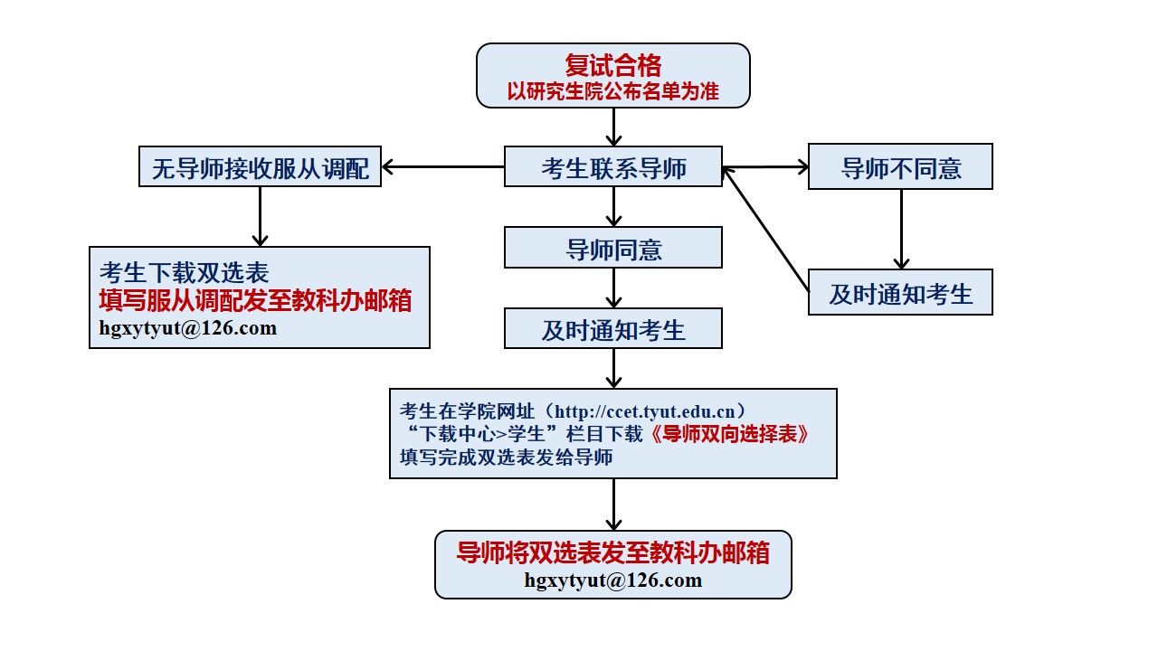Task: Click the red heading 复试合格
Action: click(612, 66)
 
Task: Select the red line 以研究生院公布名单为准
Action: click(612, 91)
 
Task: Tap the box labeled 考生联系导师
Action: click(613, 167)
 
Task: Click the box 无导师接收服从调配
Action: click(260, 167)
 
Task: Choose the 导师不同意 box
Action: click(900, 167)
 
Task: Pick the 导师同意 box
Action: click(613, 248)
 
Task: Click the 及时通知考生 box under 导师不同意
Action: click(900, 292)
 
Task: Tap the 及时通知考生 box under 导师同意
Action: click(613, 328)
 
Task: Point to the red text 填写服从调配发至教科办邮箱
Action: click(255, 301)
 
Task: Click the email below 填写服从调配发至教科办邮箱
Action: click(188, 328)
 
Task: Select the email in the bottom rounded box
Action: click(612, 580)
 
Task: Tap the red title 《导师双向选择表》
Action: click(729, 434)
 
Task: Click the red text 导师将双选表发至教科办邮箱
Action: click(612, 552)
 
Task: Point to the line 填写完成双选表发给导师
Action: click(506, 458)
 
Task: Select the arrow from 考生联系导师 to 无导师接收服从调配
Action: click(443, 167)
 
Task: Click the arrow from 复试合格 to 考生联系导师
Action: click(613, 127)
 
